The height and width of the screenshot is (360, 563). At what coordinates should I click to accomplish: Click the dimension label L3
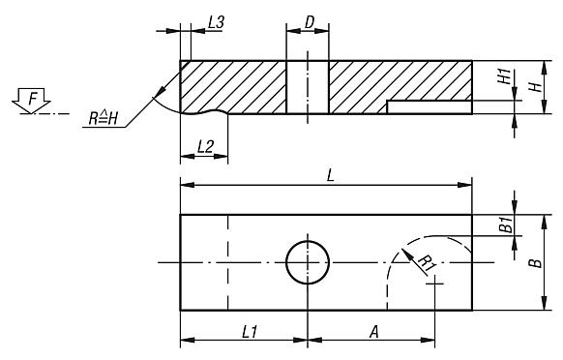(216, 22)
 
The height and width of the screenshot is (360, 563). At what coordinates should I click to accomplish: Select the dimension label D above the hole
(310, 22)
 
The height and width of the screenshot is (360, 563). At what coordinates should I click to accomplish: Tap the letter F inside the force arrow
(33, 99)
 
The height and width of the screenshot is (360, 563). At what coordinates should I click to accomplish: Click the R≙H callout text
(104, 118)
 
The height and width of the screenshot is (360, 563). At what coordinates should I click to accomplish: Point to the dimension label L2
(205, 146)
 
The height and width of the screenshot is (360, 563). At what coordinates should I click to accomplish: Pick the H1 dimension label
(504, 76)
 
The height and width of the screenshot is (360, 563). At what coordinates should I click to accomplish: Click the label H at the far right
(536, 87)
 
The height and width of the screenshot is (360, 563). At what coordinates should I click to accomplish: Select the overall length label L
(330, 176)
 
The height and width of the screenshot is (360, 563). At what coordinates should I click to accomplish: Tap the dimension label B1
(506, 225)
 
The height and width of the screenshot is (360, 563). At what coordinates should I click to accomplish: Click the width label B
(536, 262)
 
